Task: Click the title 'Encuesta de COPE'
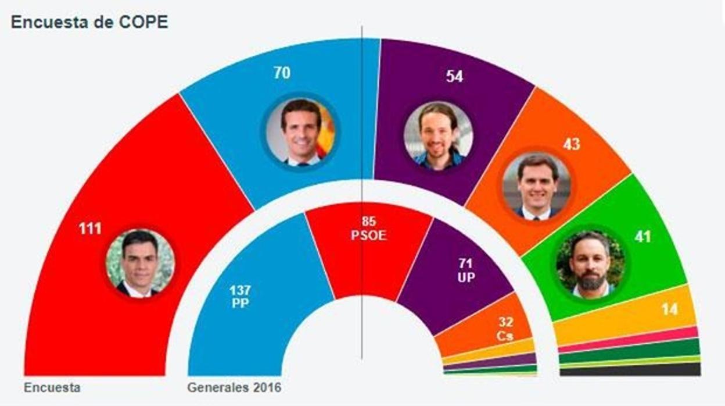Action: pyautogui.click(x=89, y=23)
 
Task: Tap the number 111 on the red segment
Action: pyautogui.click(x=90, y=228)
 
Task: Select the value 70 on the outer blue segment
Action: pyautogui.click(x=282, y=73)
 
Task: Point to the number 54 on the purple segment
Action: pyautogui.click(x=454, y=76)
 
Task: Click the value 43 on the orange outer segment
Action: pyautogui.click(x=571, y=144)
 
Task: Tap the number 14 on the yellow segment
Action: pyautogui.click(x=670, y=309)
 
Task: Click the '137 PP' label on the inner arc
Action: pyautogui.click(x=239, y=297)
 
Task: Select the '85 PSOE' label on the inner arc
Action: pyautogui.click(x=368, y=229)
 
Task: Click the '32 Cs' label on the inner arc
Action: pyautogui.click(x=505, y=329)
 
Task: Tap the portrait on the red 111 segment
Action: pyautogui.click(x=140, y=263)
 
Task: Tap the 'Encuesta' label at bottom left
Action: pyautogui.click(x=52, y=387)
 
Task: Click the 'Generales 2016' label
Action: pyautogui.click(x=234, y=387)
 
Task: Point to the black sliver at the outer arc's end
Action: pyautogui.click(x=630, y=370)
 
